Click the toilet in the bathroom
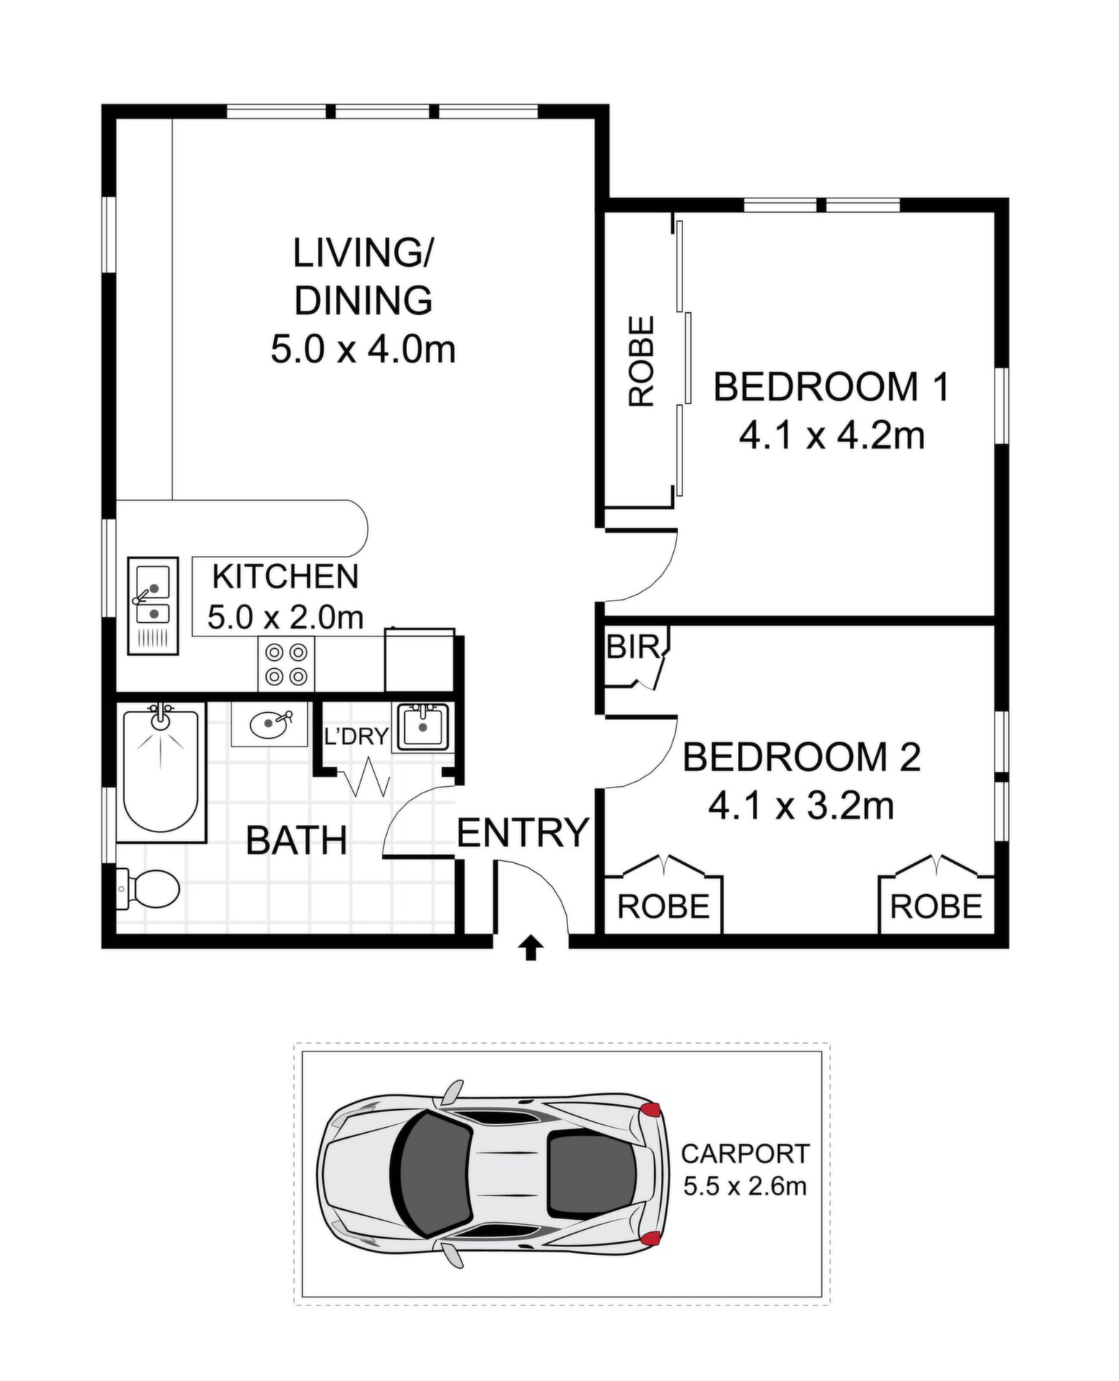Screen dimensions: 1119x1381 coord(147,889)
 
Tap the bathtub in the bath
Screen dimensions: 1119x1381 coord(161,772)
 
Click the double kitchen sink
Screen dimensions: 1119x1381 coord(153,606)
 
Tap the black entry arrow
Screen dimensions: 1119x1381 coord(530,947)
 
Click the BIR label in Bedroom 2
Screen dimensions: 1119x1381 coord(633,648)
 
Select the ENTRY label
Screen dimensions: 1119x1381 coord(523,832)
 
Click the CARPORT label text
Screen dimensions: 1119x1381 coord(745,1154)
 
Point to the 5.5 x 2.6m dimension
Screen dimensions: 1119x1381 coord(745,1185)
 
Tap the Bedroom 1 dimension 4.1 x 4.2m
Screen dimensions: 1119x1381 coord(831,435)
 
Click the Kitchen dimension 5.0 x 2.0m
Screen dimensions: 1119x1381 coord(286,616)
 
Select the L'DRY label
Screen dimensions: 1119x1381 coord(357,736)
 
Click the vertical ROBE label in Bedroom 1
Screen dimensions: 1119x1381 coord(641,362)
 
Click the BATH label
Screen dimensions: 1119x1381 coord(296,840)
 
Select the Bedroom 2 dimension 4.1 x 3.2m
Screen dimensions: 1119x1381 coord(801,806)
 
